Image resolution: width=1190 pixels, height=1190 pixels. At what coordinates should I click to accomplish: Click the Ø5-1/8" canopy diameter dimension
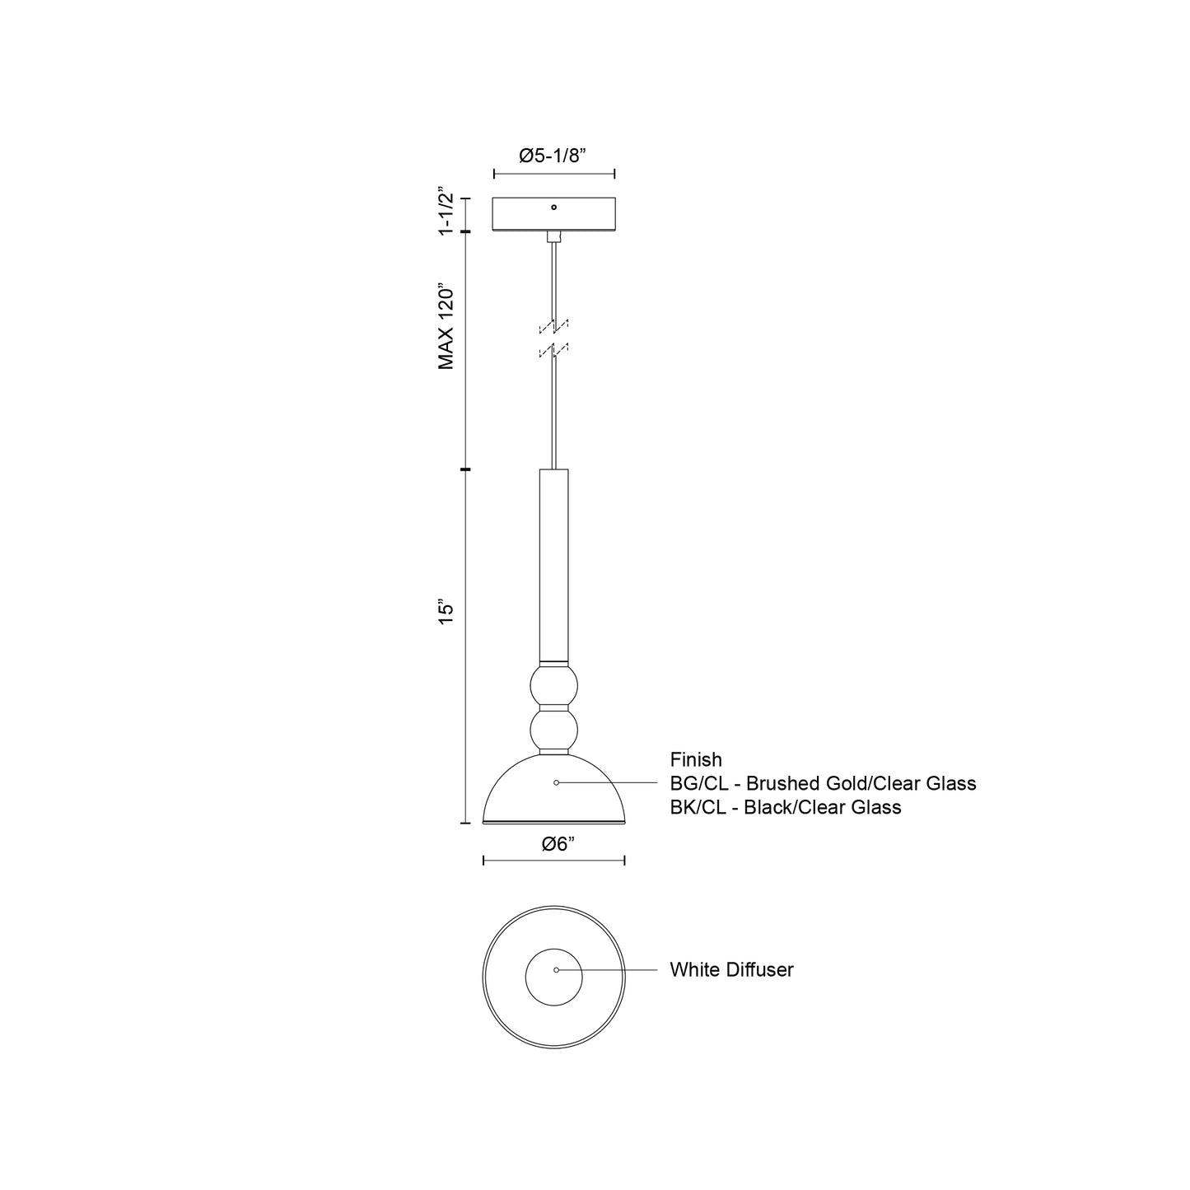click(x=553, y=156)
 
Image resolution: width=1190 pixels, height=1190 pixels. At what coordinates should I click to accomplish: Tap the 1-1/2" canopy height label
click(x=446, y=212)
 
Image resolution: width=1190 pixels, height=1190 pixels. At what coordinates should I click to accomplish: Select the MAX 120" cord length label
click(x=446, y=328)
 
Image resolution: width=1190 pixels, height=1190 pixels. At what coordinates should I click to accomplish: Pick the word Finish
click(x=696, y=759)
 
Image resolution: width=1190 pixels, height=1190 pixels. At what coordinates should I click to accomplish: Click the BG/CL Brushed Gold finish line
click(x=823, y=783)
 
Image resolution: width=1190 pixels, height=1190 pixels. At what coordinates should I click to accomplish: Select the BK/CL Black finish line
click(x=786, y=807)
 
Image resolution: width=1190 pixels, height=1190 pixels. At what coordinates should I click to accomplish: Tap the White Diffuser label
click(x=731, y=969)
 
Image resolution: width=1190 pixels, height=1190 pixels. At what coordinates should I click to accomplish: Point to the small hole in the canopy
click(x=553, y=208)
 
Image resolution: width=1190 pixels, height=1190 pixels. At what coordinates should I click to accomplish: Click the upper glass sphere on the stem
click(x=553, y=686)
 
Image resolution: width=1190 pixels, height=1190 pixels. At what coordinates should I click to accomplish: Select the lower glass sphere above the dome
click(x=553, y=730)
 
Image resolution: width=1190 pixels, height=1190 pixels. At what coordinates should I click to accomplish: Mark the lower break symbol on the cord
click(x=553, y=352)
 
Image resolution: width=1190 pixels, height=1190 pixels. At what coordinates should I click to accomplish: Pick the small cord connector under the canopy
click(x=553, y=236)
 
